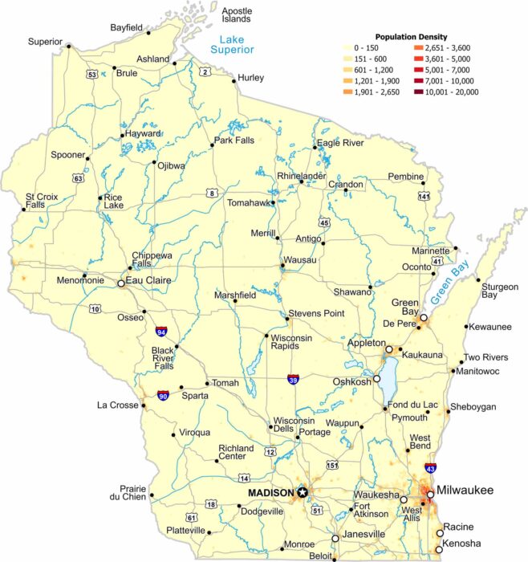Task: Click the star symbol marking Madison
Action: pos(303,492)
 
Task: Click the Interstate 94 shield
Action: pos(162,330)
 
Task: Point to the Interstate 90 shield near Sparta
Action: pos(164,396)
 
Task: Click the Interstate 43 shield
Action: pos(431,467)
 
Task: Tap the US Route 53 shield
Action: pos(93,75)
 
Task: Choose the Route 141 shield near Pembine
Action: pos(424,196)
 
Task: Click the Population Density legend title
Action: pos(411,37)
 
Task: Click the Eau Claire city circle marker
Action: pos(120,283)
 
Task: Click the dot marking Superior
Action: pos(69,47)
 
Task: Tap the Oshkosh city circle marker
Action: pos(376,377)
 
